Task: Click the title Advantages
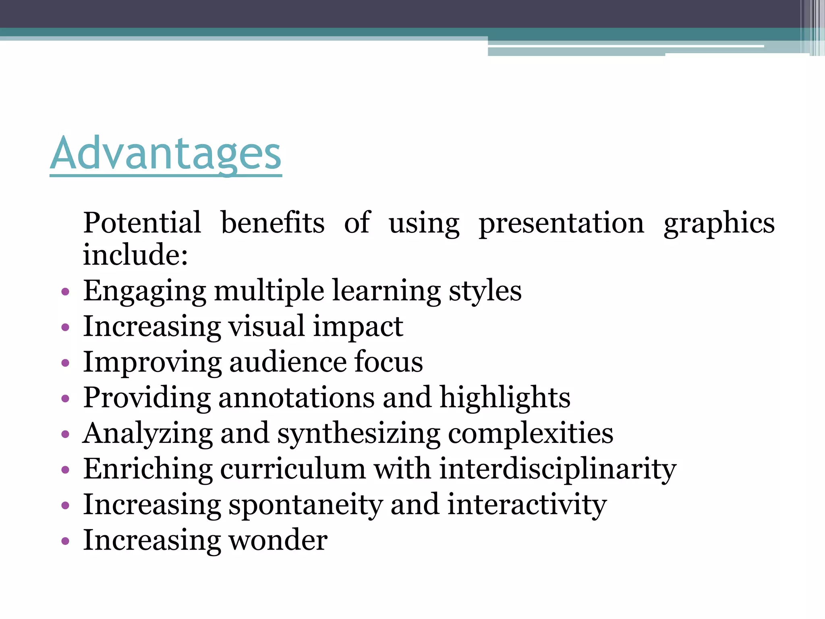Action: pos(166,154)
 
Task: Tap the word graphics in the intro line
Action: pos(719,224)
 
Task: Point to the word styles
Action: pos(485,291)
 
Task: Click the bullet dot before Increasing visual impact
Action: pos(65,327)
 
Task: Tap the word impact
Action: pos(358,327)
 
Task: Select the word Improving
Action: pos(152,362)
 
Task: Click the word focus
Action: pos(388,361)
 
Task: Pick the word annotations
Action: pos(296,397)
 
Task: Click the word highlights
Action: pos(505,398)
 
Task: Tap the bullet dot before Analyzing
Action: pos(65,434)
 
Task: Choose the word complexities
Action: pos(531,434)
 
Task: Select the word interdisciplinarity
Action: pos(558,469)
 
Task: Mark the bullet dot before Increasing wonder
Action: pos(65,541)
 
